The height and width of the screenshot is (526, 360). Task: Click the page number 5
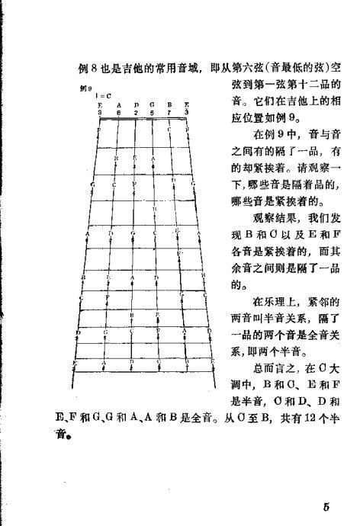[325, 508]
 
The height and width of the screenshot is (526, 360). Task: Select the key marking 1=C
[104, 96]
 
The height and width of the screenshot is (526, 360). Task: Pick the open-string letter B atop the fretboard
[169, 104]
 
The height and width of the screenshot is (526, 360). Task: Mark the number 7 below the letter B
[169, 111]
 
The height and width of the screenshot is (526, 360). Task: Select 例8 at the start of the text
[87, 67]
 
